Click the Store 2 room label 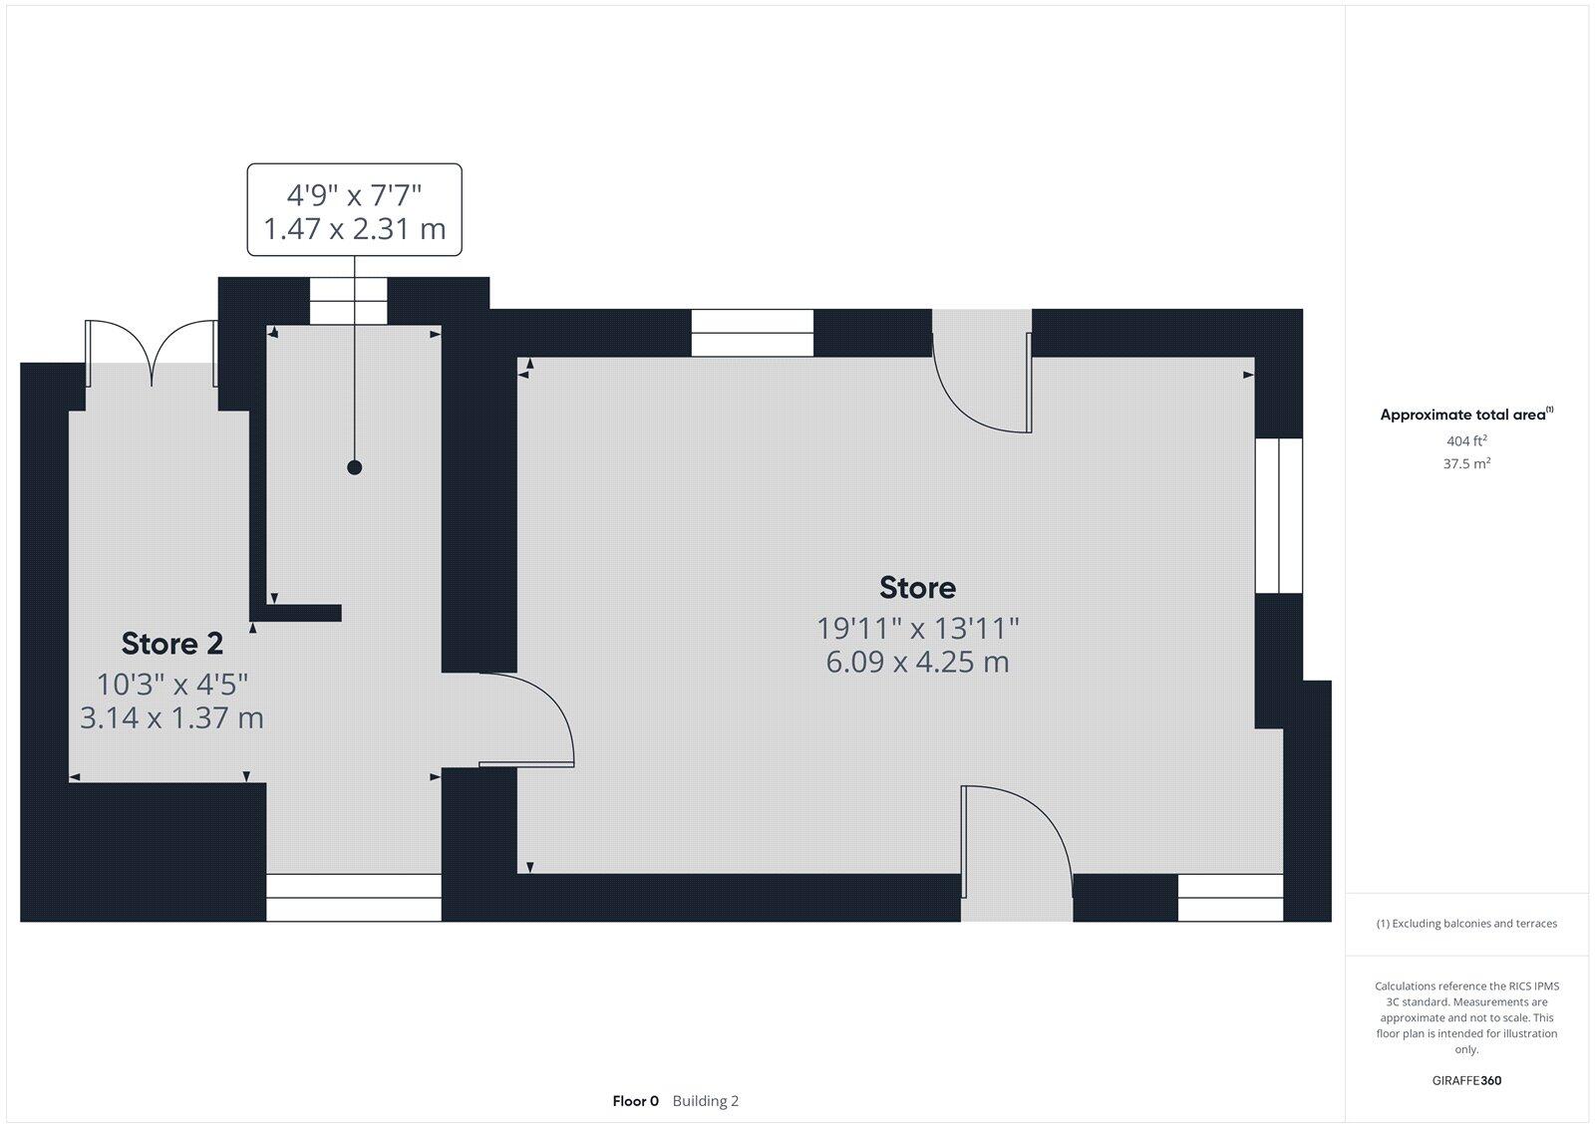click(172, 644)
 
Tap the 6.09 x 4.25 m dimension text click(917, 662)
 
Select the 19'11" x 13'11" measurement click(917, 629)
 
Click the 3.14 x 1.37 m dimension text click(171, 717)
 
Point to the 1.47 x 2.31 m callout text click(354, 229)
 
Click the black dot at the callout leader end click(354, 467)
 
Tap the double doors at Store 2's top click(152, 354)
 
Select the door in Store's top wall click(982, 374)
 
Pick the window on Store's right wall click(1278, 515)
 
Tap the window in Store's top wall click(753, 333)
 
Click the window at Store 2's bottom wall click(354, 898)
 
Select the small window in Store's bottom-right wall click(1230, 898)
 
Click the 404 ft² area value click(1466, 440)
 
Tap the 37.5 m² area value click(1466, 463)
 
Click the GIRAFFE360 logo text click(1466, 1080)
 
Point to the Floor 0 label click(635, 1101)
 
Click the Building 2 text click(705, 1101)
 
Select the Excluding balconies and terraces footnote click(1466, 924)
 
